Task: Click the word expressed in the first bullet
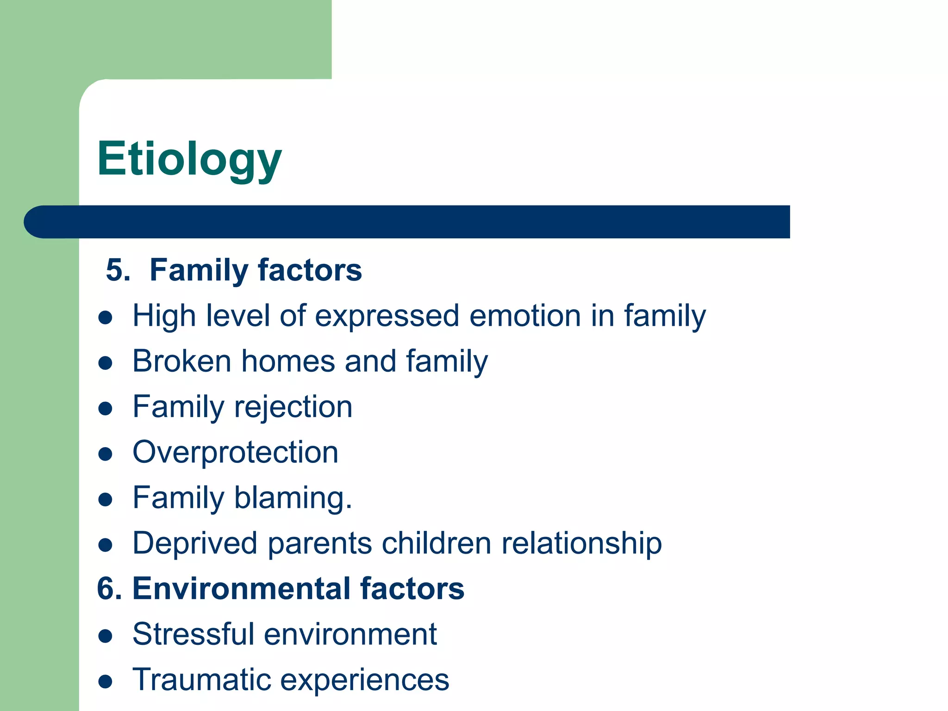coord(387,317)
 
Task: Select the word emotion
coord(524,316)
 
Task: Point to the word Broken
coord(181,361)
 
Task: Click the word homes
coord(288,361)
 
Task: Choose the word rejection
coord(293,407)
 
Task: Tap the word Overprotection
coord(235,452)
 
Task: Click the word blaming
coord(293,498)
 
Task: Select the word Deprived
coord(194,543)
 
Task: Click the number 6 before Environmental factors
coord(106,589)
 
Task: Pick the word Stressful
coord(193,634)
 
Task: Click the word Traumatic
coord(201,680)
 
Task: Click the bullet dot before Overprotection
coord(106,454)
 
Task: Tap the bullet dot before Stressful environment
coord(106,636)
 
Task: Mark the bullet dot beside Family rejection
coord(106,409)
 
